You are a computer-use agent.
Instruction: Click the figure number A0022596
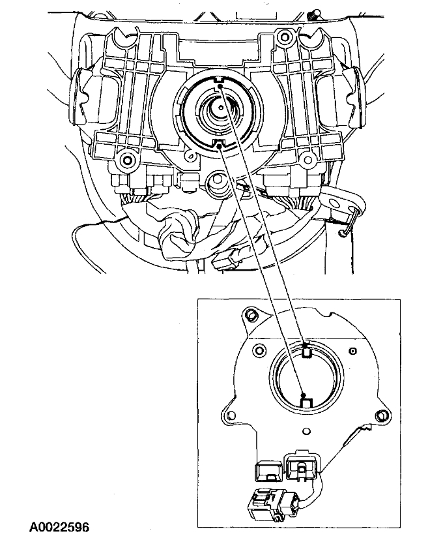[59, 526]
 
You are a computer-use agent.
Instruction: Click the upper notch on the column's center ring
[220, 82]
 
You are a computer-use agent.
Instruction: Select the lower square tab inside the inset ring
[305, 400]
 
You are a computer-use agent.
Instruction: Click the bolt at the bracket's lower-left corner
[126, 159]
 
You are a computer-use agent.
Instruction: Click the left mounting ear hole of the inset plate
[229, 413]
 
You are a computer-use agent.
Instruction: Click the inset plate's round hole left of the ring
[259, 347]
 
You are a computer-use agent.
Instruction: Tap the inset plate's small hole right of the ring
[352, 352]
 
